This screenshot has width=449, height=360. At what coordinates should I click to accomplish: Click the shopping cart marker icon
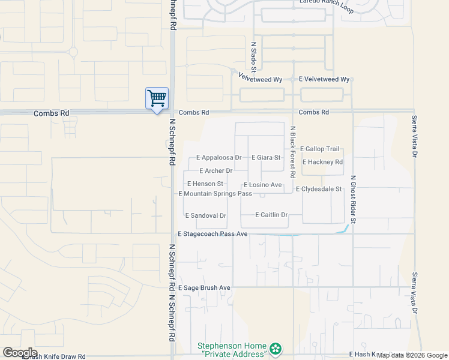(x=157, y=98)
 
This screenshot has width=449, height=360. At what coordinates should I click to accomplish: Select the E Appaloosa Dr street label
(x=219, y=158)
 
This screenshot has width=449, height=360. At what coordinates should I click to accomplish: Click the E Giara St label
(x=266, y=158)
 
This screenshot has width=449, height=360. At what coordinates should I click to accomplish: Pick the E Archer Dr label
(x=215, y=171)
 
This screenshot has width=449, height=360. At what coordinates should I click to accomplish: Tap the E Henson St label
(x=205, y=184)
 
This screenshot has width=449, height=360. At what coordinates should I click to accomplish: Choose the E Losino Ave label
(x=262, y=185)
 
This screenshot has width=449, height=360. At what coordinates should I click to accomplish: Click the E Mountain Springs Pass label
(x=215, y=194)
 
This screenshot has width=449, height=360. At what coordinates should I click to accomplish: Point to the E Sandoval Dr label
(x=205, y=215)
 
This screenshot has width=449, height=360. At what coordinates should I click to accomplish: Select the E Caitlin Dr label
(x=272, y=215)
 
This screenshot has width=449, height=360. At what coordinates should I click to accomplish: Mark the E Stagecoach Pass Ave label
(x=213, y=233)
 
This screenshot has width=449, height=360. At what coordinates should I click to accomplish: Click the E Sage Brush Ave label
(x=204, y=288)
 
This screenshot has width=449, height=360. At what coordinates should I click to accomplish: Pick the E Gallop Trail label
(x=319, y=149)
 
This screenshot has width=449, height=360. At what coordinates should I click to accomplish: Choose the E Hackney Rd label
(x=323, y=162)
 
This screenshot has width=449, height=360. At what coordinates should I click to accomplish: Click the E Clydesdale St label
(x=319, y=189)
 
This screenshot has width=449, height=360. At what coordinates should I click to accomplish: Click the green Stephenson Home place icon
(x=276, y=349)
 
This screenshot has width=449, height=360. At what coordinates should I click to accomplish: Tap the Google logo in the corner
(x=20, y=353)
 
